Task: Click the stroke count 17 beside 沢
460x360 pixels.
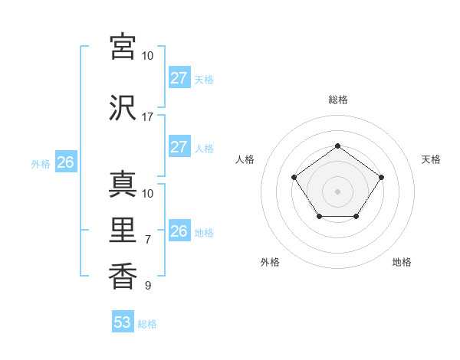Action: click(147, 117)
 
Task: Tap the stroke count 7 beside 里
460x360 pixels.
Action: click(148, 240)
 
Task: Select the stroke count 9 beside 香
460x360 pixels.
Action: click(148, 286)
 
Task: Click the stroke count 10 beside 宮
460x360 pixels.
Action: click(147, 56)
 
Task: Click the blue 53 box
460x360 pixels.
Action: click(123, 322)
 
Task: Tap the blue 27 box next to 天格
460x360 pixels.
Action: click(179, 78)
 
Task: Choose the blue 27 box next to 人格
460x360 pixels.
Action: click(179, 147)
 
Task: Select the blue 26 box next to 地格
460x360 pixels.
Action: click(179, 231)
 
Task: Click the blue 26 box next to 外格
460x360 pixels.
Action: click(65, 162)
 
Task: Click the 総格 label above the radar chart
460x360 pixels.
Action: click(337, 100)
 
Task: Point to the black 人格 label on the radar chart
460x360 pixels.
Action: click(245, 159)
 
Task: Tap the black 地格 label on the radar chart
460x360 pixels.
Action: click(402, 262)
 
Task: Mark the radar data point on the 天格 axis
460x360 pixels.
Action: click(381, 178)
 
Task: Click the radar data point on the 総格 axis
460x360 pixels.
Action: click(337, 146)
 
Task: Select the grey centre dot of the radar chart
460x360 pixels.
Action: click(337, 191)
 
